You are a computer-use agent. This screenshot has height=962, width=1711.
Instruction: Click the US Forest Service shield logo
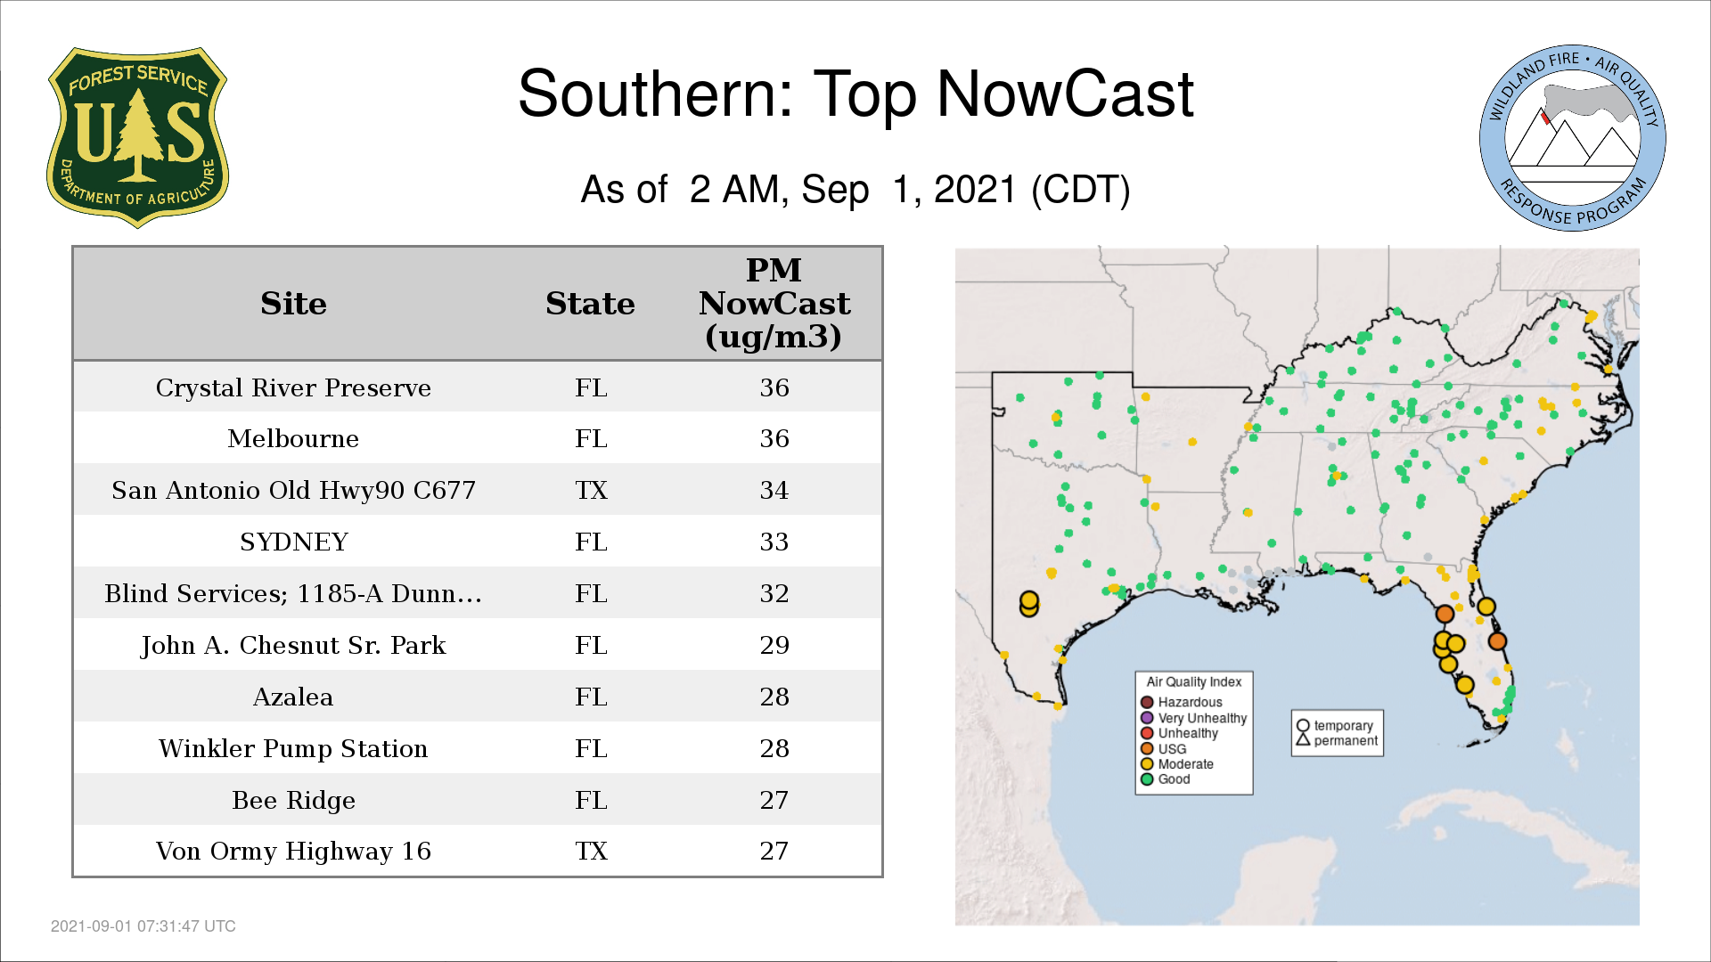137,138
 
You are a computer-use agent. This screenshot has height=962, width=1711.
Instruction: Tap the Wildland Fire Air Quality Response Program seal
1573,138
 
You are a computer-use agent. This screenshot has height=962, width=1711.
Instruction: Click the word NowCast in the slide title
1065,94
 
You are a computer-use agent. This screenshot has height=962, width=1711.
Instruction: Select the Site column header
294,304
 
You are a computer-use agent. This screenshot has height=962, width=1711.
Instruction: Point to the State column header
590,304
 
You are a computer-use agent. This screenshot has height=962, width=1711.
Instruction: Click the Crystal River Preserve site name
293,387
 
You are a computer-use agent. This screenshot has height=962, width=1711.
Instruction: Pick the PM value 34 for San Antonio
774,490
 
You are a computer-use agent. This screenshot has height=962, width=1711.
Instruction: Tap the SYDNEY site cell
294,542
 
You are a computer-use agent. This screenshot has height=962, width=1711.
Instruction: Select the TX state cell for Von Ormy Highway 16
591,851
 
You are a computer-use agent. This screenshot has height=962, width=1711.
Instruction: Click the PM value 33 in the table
774,542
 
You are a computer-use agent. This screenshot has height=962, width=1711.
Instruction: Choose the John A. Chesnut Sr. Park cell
293,645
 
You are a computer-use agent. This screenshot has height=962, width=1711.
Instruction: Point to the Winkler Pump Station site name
293,748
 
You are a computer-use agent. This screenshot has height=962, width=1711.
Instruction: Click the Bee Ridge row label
294,800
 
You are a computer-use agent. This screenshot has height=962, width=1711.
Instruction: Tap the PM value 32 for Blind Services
774,593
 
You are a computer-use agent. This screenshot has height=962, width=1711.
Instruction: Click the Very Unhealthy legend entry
1194,718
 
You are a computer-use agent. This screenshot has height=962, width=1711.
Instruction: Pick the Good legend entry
1166,779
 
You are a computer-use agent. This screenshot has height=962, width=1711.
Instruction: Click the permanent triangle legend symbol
1303,740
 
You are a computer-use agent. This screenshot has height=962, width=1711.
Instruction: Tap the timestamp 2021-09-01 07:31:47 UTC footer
143,926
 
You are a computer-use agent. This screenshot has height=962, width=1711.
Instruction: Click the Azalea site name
293,697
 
